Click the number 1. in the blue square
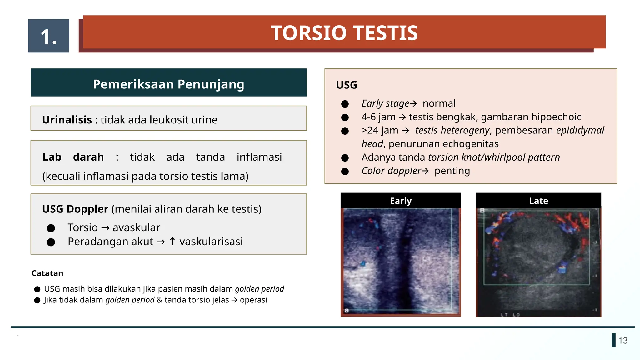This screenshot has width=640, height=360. click(x=49, y=37)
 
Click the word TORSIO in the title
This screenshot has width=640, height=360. click(x=309, y=33)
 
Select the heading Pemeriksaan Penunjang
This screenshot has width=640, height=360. click(x=168, y=84)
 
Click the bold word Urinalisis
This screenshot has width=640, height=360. click(x=67, y=120)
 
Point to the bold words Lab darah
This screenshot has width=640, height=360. click(x=73, y=157)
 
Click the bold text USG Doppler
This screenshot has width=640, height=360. click(x=75, y=209)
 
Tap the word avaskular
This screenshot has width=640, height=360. click(x=136, y=227)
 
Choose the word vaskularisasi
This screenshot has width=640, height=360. click(x=211, y=242)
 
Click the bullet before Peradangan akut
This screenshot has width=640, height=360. click(x=51, y=242)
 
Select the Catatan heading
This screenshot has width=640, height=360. click(x=47, y=273)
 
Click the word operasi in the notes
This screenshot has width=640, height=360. click(x=253, y=300)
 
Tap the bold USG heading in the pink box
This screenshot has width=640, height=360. click(x=347, y=85)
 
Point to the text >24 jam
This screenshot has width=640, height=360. click(x=380, y=130)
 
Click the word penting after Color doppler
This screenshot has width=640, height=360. click(x=452, y=171)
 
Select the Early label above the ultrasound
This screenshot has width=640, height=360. click(x=401, y=201)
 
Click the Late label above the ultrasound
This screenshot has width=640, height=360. click(x=538, y=201)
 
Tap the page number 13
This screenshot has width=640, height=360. click(x=623, y=341)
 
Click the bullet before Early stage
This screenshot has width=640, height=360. click(x=345, y=104)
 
